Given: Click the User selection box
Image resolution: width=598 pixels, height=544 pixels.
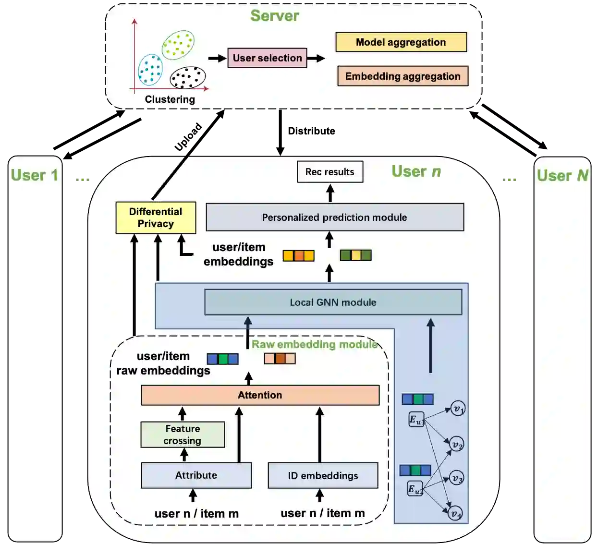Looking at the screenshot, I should point(267,58).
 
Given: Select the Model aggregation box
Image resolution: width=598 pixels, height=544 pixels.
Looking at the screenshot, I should point(401,42).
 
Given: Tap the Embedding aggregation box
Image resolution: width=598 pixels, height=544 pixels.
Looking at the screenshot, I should point(403,76).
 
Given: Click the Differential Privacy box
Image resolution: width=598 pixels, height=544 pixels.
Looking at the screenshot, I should point(156,218).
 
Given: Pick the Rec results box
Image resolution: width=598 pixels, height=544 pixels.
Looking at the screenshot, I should point(330,172).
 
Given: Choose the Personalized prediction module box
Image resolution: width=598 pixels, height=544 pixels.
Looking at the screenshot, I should point(335,218).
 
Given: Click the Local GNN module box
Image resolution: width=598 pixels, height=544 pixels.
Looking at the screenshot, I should point(333,302).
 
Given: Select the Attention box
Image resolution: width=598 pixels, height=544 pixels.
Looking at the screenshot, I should point(260,395).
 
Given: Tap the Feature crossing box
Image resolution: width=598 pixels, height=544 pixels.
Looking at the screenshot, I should point(183,435).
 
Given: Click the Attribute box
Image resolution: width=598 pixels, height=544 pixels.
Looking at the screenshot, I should point(196,475).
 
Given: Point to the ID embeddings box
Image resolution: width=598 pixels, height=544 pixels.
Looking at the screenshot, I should point(323,475).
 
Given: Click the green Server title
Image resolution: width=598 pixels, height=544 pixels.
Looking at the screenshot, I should point(275,16).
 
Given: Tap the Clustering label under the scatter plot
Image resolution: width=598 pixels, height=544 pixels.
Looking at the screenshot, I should point(170,99).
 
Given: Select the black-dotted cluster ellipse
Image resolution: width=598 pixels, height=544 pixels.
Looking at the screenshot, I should point(188,78).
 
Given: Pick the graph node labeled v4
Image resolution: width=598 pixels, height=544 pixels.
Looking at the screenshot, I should point(455,513).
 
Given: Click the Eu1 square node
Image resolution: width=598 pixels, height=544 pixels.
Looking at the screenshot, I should point(416,420).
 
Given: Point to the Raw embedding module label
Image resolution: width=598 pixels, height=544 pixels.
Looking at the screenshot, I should point(315,344).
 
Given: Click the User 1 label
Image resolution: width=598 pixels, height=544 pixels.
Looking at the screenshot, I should point(35,175).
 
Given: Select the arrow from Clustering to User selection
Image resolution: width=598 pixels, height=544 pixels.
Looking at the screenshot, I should point(217,59).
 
